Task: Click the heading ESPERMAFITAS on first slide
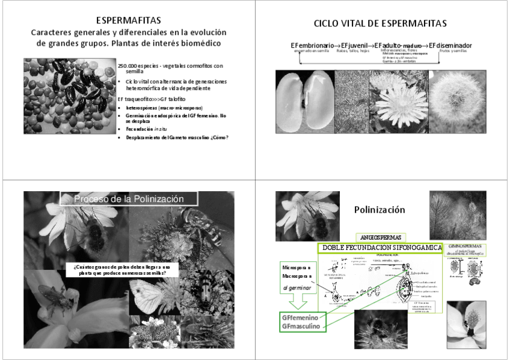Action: coord(129,20)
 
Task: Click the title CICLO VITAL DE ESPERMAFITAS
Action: coord(380,23)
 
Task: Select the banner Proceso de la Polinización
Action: coord(128,199)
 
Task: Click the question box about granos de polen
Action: coord(122,270)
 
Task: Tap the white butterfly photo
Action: coord(154,297)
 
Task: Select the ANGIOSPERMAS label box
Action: coord(379,237)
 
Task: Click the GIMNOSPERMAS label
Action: coord(466,247)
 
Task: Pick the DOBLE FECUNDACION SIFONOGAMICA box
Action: coord(381,248)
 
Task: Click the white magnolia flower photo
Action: coord(467,324)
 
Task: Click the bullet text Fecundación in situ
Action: coord(145,129)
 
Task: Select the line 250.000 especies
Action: coord(170,66)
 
